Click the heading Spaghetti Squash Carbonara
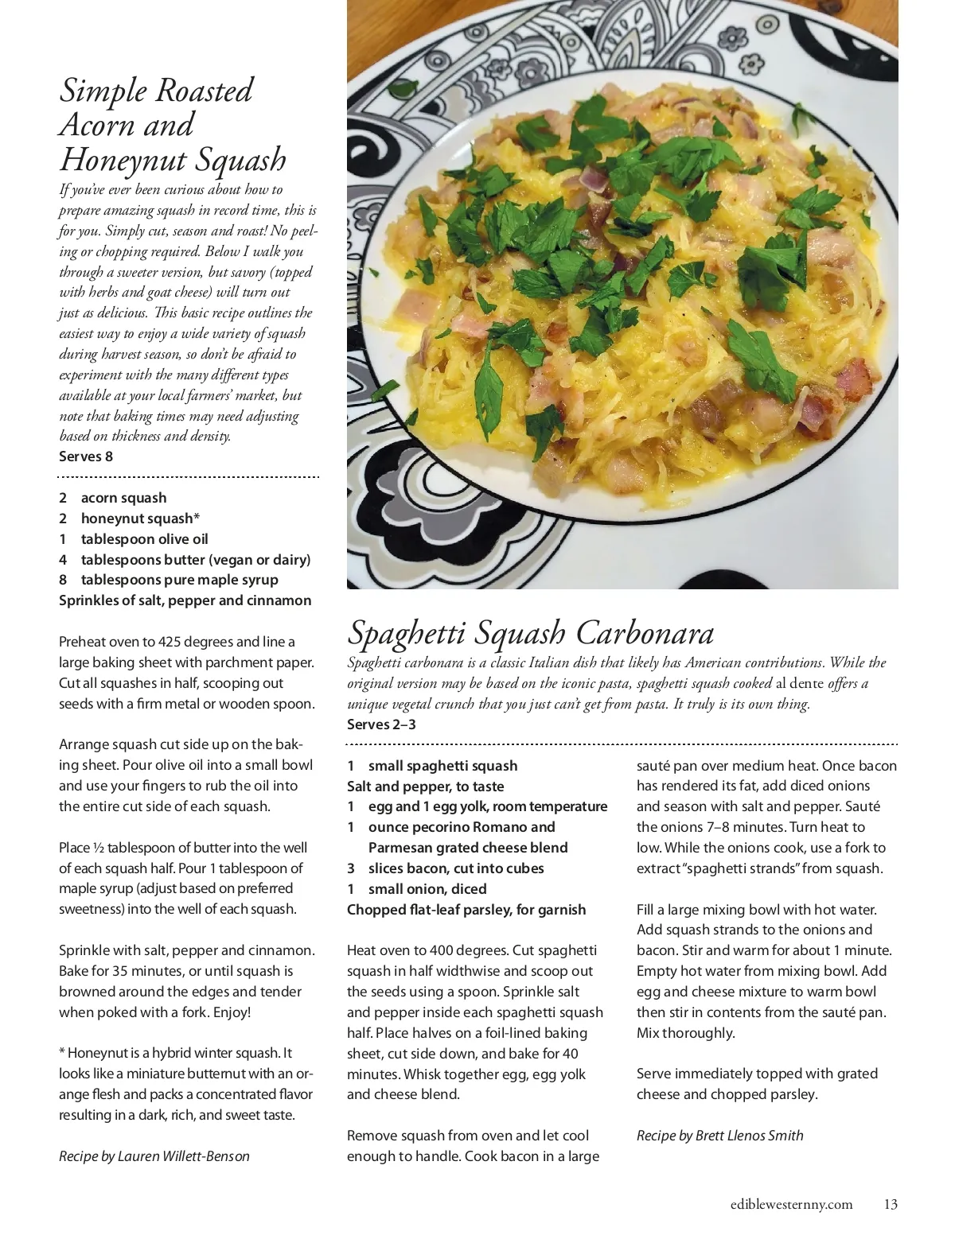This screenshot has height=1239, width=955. [531, 633]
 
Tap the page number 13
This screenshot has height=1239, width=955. [891, 1204]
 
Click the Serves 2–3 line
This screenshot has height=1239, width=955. [381, 724]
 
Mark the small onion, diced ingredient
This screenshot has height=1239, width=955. [427, 889]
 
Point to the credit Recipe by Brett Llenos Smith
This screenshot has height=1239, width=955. [719, 1136]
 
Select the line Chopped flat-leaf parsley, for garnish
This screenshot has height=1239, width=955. [466, 910]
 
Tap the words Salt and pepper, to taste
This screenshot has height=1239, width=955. [425, 787]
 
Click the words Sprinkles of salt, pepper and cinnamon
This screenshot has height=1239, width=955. [185, 600]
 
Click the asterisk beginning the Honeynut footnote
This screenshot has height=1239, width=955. [62, 1053]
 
